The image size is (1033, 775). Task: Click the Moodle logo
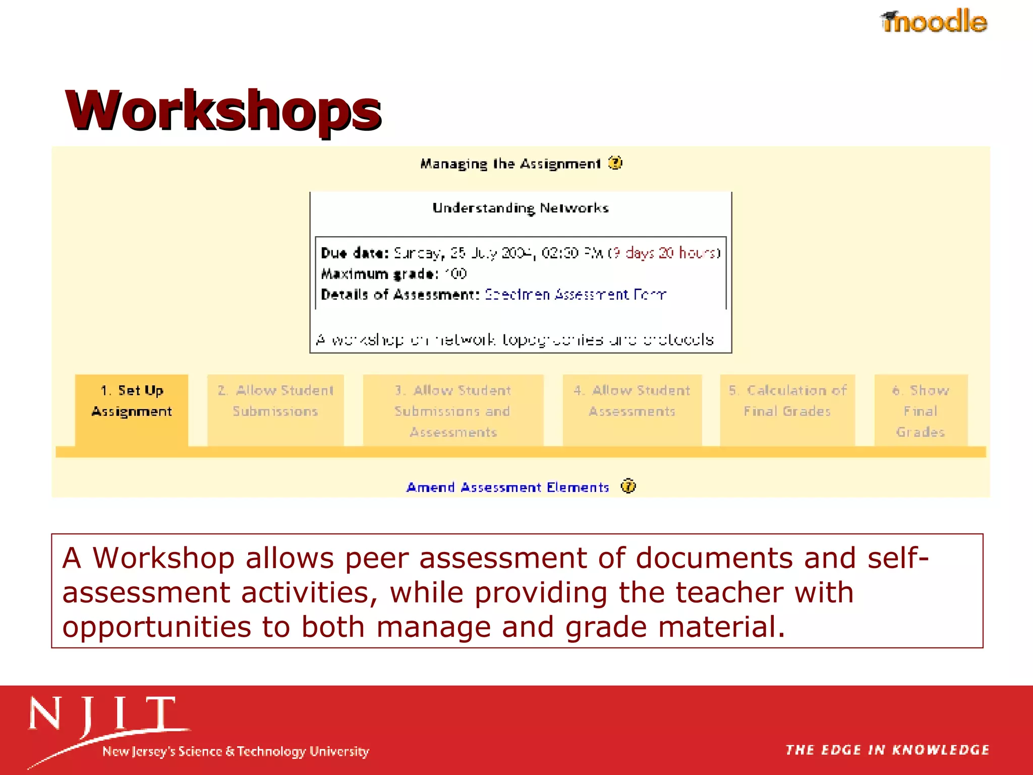tap(934, 21)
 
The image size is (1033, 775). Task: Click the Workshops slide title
tap(223, 110)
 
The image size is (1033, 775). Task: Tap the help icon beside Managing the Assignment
tap(615, 163)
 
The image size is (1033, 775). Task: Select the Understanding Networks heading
tap(521, 208)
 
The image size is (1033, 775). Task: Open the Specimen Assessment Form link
tap(575, 294)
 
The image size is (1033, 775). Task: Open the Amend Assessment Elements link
tap(507, 487)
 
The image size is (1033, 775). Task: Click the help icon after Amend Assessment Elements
tap(628, 486)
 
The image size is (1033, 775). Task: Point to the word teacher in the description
tap(729, 592)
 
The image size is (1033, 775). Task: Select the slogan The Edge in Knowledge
tap(887, 750)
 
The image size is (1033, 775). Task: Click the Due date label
tap(355, 253)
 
